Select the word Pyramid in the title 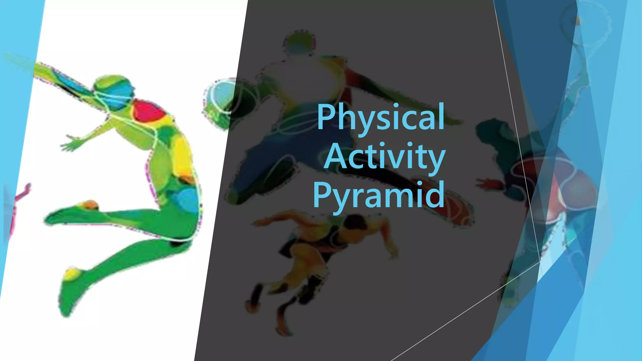point(379,195)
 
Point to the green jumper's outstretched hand point(71,144)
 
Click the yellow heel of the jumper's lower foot point(72,274)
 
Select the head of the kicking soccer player point(299,44)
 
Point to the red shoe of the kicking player point(455,210)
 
